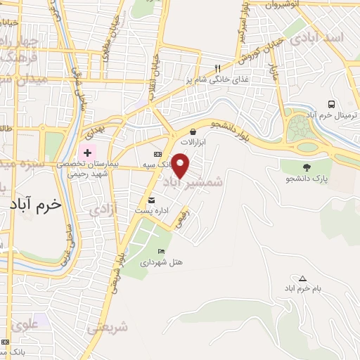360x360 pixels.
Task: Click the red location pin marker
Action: tap(181, 165)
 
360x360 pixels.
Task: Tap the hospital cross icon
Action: tap(87, 153)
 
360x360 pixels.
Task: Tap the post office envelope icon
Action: tap(152, 200)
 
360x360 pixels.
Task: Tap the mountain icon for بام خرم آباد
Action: tap(303, 278)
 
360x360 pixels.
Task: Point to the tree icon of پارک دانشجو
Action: tap(306, 167)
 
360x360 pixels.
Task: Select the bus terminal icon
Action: tap(330, 105)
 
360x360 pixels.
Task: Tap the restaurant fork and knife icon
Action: tap(218, 68)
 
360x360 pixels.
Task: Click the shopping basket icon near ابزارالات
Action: tap(193, 131)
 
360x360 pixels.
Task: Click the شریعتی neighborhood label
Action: tap(108, 328)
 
